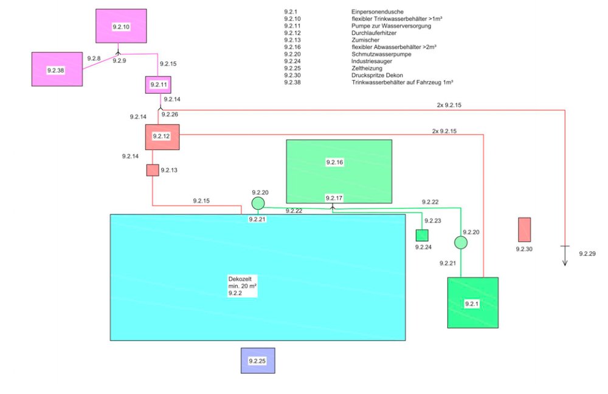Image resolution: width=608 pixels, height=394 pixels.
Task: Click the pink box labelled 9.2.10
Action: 121,26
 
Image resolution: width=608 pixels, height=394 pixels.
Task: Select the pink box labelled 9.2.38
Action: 57,69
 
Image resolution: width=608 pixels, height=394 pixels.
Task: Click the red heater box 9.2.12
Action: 161,137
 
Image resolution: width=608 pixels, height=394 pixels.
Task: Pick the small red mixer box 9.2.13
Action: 153,170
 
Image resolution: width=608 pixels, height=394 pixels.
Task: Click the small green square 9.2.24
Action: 422,235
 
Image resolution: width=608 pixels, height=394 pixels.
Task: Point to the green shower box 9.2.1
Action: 472,303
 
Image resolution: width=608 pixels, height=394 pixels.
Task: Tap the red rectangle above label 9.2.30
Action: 524,230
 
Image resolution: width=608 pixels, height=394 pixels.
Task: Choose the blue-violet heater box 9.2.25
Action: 258,360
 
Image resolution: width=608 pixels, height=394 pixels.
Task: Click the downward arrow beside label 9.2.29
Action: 565,254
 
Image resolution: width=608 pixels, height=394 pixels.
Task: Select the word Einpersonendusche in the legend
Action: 377,12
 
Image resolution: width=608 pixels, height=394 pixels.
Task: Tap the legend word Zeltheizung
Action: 367,68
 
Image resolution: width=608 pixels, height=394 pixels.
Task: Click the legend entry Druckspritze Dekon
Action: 377,75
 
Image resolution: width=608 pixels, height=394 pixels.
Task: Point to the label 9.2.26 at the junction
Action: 170,114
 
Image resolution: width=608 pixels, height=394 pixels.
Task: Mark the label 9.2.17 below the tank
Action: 334,199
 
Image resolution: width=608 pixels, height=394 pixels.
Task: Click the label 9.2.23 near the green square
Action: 432,221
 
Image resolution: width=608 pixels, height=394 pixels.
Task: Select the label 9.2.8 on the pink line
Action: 94,58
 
